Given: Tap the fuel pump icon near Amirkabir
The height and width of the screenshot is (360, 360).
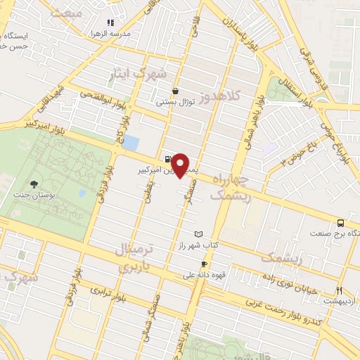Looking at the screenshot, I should pyautogui.click(x=168, y=159).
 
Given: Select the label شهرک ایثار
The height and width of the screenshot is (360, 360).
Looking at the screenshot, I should pyautogui.click(x=162, y=74).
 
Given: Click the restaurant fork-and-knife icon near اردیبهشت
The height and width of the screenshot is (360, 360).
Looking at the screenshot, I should pyautogui.click(x=340, y=290).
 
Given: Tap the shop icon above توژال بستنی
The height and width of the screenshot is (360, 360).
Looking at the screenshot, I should pyautogui.click(x=175, y=91).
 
